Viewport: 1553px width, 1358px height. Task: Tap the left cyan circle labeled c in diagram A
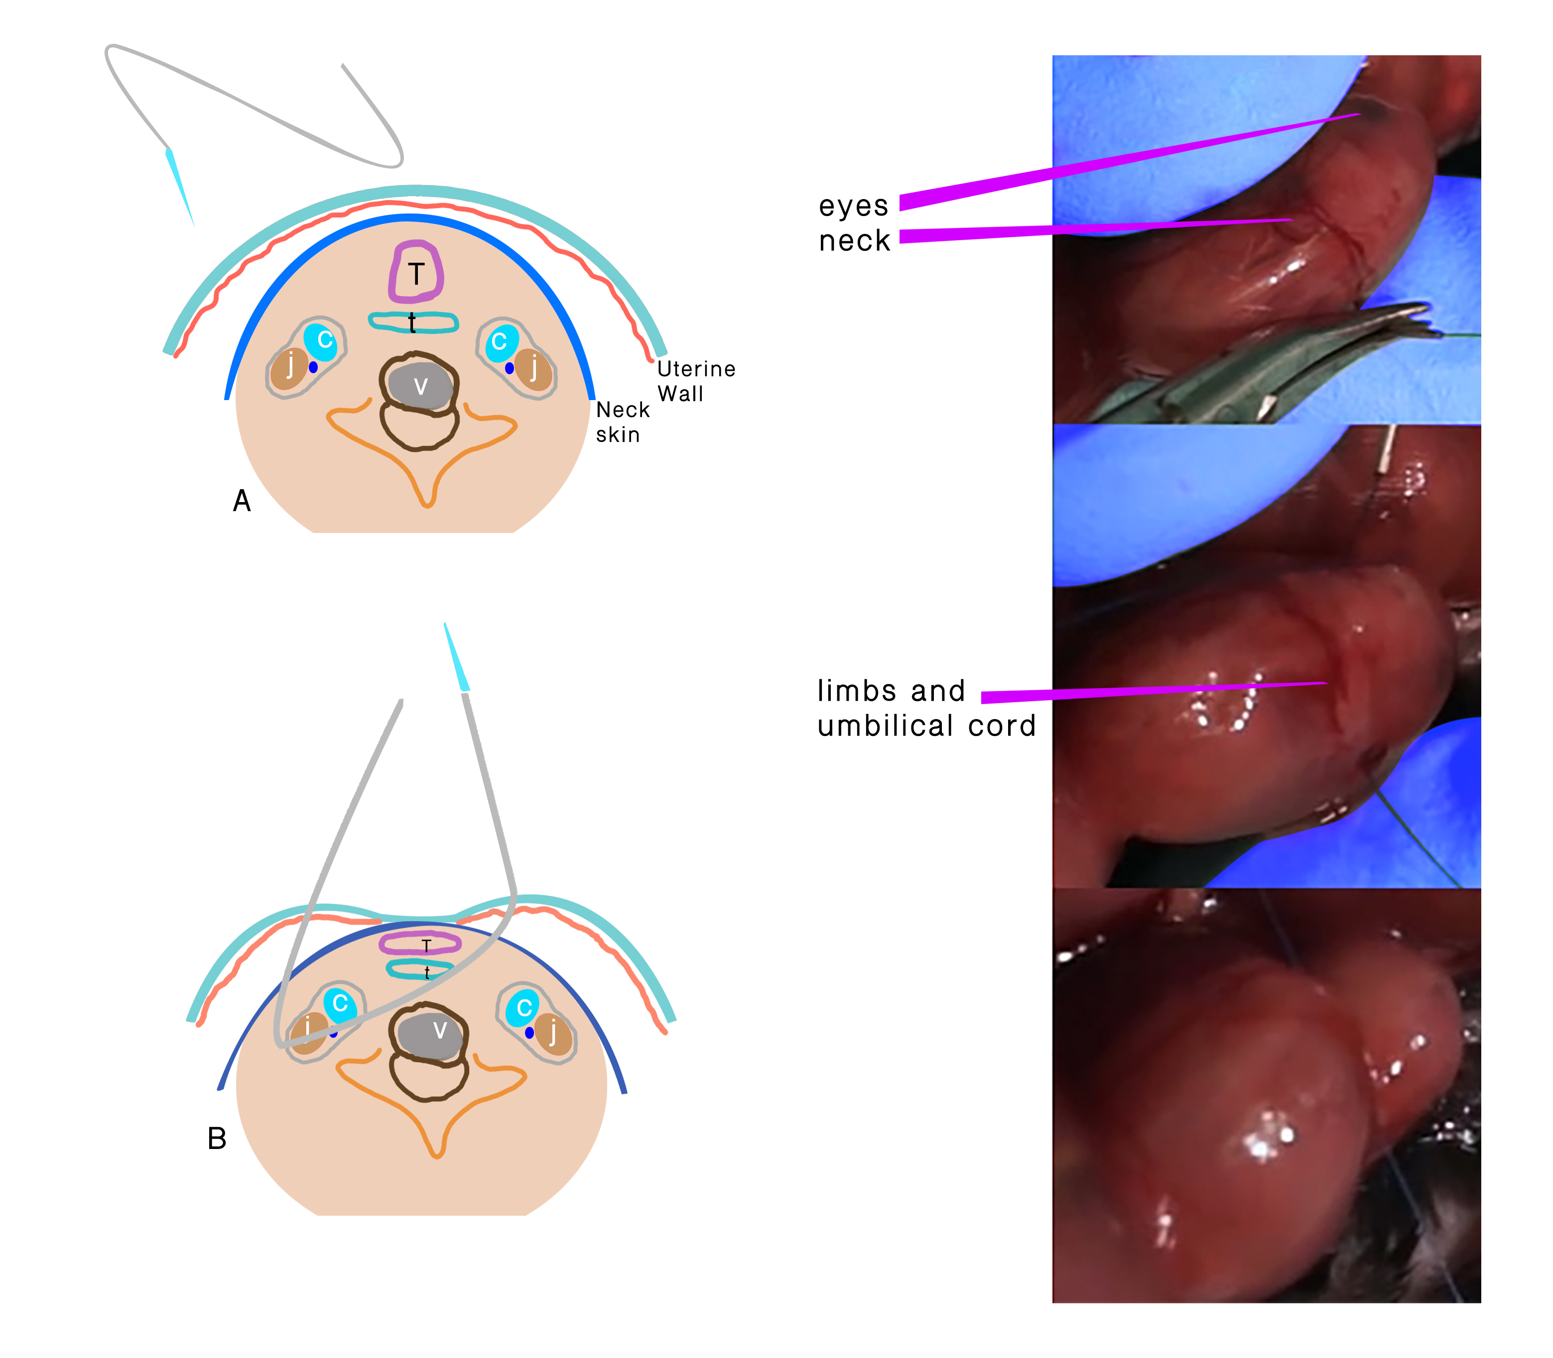tap(325, 339)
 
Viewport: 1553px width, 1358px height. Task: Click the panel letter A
tap(241, 501)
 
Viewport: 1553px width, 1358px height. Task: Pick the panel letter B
tap(217, 1138)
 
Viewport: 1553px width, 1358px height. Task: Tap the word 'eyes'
tap(853, 206)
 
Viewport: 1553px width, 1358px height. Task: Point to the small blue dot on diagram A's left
tap(313, 367)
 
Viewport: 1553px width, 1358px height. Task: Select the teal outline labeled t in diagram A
tap(413, 322)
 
